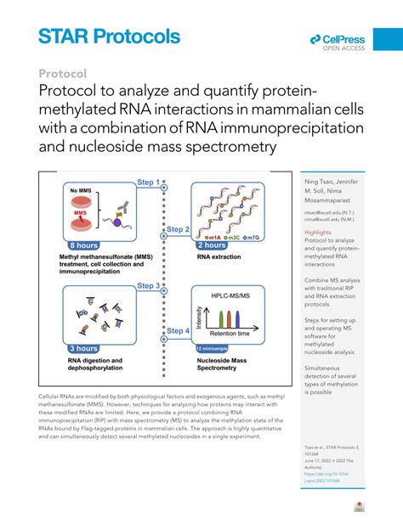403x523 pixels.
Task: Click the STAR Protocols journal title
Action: click(x=110, y=36)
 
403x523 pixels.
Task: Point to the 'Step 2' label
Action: click(x=177, y=228)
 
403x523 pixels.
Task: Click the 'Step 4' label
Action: click(x=177, y=330)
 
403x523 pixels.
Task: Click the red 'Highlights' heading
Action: click(x=318, y=232)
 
